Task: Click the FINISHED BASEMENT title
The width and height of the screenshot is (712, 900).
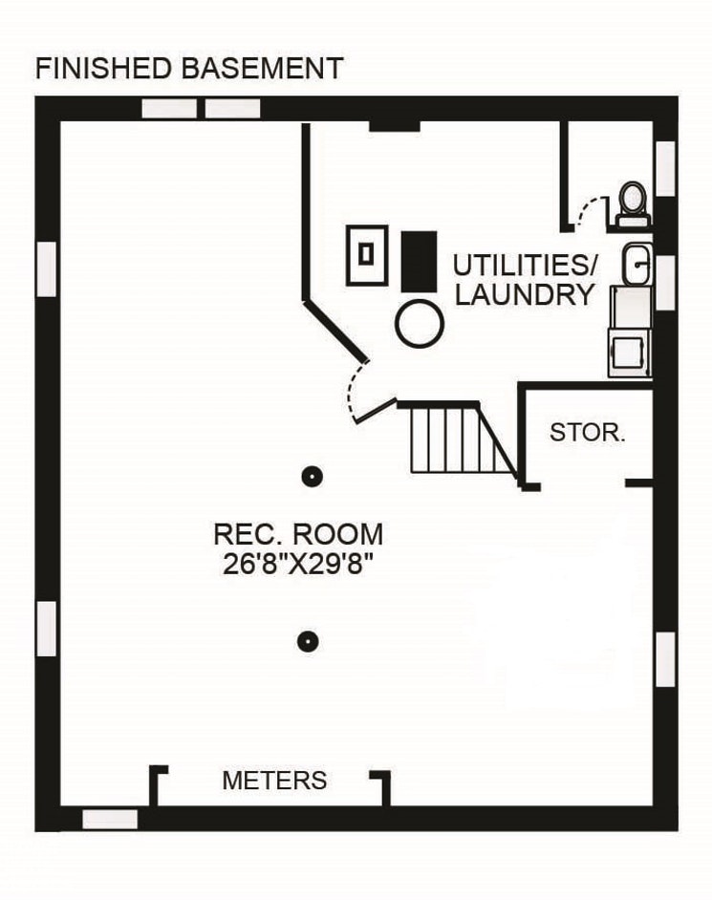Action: click(188, 69)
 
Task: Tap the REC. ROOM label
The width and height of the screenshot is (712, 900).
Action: click(298, 533)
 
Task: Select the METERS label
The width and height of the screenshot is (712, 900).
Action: click(274, 781)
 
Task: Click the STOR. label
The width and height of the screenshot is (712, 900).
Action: click(588, 432)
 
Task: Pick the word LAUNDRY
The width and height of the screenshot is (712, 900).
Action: click(525, 295)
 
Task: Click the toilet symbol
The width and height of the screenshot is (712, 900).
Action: click(632, 204)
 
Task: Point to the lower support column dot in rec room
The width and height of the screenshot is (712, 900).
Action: click(307, 641)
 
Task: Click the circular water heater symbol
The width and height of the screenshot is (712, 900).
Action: click(421, 325)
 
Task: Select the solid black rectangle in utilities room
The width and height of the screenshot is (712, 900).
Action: click(419, 261)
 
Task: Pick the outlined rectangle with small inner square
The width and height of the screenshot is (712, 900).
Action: click(366, 254)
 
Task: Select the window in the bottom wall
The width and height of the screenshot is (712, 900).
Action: click(110, 819)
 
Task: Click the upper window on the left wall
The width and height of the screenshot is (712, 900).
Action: click(46, 268)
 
